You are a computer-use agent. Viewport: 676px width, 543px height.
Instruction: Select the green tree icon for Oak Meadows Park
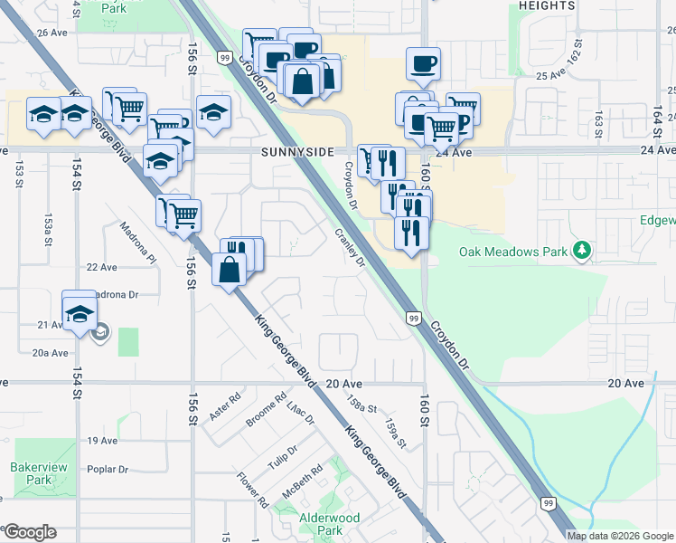(583, 250)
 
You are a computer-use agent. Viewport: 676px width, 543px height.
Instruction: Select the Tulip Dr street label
(283, 457)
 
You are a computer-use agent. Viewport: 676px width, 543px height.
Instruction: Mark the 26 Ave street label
(52, 33)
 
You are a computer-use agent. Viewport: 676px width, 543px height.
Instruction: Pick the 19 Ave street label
(102, 441)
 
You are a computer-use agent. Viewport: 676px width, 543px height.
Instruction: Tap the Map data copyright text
(619, 536)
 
